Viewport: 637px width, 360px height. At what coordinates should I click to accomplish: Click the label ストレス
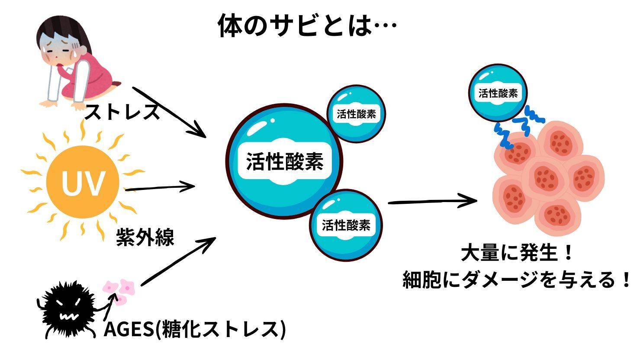tap(122, 112)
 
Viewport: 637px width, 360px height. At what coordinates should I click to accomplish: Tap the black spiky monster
tap(67, 309)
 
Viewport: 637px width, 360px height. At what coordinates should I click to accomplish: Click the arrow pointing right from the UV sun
tap(160, 188)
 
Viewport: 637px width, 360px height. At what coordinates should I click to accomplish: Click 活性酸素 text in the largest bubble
tap(285, 162)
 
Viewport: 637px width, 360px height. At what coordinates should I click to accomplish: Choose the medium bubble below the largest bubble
tap(346, 225)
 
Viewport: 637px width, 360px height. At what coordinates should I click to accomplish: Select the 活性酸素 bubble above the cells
tap(498, 93)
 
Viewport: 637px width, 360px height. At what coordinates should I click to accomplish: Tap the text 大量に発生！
tap(517, 254)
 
